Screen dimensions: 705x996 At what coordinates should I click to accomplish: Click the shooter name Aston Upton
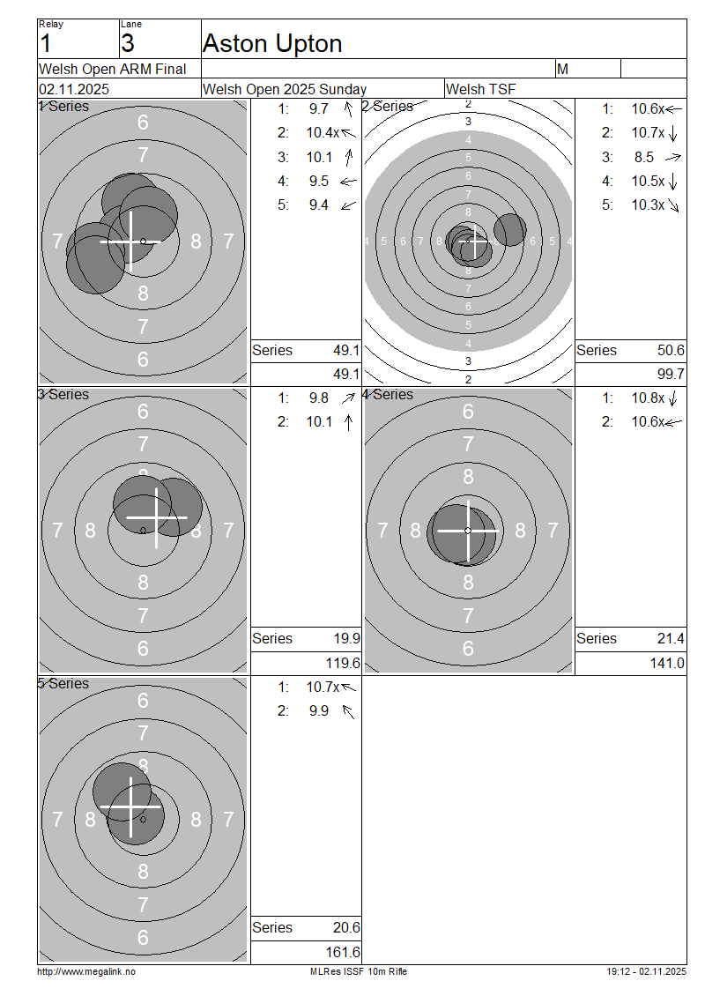coord(272,44)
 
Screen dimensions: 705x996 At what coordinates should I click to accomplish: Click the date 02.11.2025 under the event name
coord(74,89)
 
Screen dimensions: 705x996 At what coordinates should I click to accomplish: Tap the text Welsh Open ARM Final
coord(113,69)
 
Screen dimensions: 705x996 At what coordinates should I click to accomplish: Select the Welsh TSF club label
coord(481,89)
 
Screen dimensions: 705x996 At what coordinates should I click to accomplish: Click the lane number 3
coord(128,43)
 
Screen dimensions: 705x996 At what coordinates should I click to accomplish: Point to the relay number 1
coord(45,43)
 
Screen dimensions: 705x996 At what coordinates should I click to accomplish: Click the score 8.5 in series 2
coord(643,157)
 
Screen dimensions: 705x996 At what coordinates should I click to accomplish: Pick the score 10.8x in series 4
coord(647,398)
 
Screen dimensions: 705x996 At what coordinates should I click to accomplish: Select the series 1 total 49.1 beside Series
coord(346,350)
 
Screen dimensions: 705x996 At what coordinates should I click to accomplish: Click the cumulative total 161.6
coord(343,952)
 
